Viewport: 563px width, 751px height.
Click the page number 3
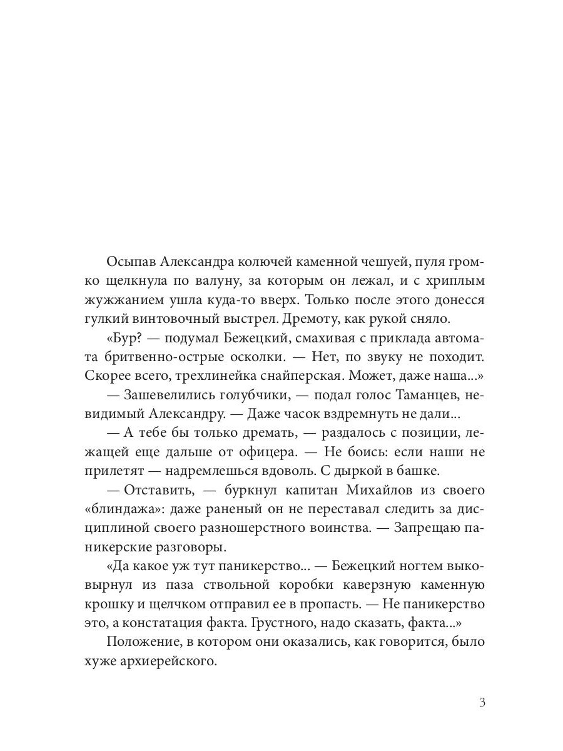[x=482, y=702]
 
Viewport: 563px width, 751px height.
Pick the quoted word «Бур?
[x=126, y=338]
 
